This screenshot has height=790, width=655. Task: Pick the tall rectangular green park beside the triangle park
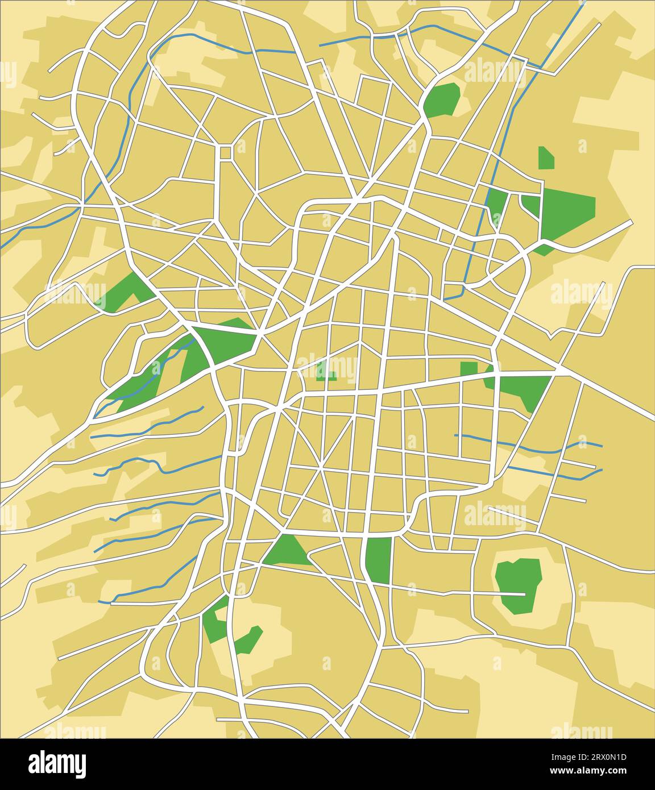[379, 560]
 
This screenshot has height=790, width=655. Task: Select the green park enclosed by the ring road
[517, 585]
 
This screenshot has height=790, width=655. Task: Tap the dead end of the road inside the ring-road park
[524, 594]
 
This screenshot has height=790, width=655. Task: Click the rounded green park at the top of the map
[442, 99]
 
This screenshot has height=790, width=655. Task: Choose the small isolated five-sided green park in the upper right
[546, 159]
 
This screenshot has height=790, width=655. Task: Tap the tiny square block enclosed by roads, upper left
[226, 152]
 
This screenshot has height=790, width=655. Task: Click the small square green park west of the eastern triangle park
[469, 368]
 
